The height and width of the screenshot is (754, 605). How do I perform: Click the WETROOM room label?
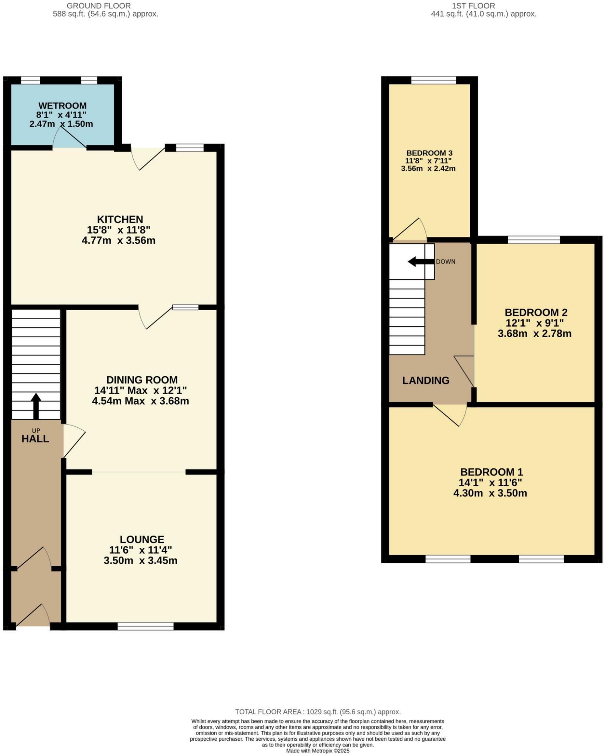tap(62, 106)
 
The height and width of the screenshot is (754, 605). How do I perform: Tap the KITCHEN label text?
tap(120, 219)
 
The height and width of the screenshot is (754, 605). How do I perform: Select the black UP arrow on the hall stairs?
tap(36, 406)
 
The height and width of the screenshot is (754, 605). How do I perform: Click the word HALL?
tap(35, 439)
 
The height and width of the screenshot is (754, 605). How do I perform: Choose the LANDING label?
tap(426, 380)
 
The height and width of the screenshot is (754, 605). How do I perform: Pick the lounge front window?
tap(145, 626)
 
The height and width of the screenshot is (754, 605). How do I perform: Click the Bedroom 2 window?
tap(534, 240)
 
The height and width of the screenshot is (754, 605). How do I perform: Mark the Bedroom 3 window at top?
tap(433, 80)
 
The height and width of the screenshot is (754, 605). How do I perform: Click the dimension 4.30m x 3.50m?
tap(490, 493)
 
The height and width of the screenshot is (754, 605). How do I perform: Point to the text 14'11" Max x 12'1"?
tap(141, 390)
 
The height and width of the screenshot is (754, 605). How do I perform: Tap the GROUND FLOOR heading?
tap(99, 6)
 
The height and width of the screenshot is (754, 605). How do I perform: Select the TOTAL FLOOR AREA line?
tap(317, 712)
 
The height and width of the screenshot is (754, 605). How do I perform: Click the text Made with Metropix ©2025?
tap(317, 751)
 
